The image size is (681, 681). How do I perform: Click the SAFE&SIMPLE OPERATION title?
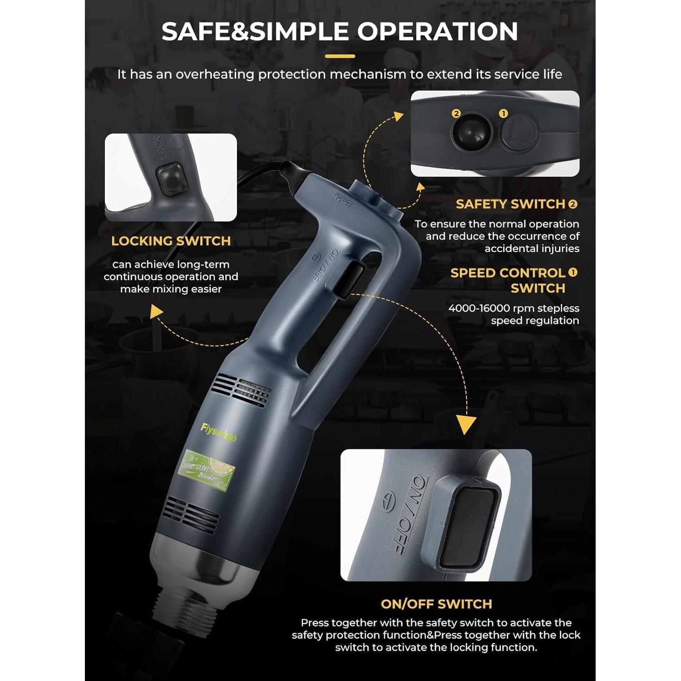point(340,31)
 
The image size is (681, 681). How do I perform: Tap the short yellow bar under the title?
point(340,57)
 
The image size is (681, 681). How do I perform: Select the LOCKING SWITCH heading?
point(171,241)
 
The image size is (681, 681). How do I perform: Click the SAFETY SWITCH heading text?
point(510,204)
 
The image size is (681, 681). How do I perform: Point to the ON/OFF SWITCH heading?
point(436,604)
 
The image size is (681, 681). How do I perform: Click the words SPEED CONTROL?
point(508,273)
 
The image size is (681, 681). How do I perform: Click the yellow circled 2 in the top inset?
point(456,113)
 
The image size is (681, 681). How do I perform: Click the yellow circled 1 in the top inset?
point(503,113)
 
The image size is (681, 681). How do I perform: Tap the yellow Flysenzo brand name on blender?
point(218,432)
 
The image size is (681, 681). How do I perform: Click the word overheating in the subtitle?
point(215,74)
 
